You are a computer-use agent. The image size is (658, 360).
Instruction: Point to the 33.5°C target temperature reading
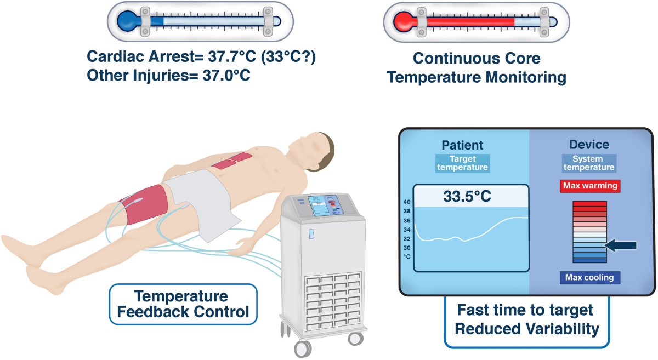click(x=470, y=196)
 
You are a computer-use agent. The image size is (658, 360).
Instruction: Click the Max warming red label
click(x=589, y=186)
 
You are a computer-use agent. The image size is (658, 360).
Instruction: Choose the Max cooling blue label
click(x=589, y=277)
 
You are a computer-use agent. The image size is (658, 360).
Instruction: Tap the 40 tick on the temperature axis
click(x=407, y=202)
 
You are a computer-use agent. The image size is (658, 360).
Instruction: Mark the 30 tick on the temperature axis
click(x=407, y=248)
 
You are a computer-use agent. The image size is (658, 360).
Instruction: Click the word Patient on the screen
click(x=462, y=145)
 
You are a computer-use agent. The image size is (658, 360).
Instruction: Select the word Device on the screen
click(x=589, y=145)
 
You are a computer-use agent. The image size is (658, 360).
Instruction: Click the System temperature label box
click(x=589, y=163)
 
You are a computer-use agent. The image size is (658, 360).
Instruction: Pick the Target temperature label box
click(x=462, y=163)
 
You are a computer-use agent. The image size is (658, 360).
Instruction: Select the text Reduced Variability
click(x=525, y=329)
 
